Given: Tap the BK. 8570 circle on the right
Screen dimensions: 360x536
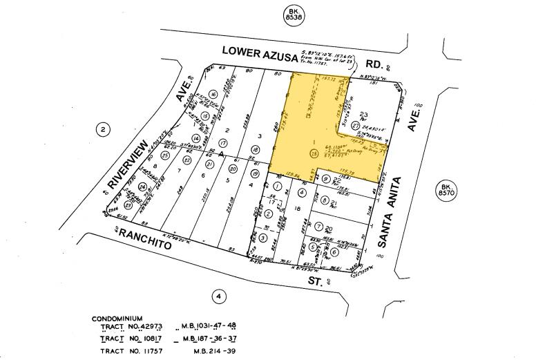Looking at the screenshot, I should (x=447, y=191).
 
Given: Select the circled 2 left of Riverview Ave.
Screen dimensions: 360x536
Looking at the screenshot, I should (x=103, y=129).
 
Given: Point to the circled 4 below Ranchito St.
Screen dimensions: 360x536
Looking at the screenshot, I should (x=219, y=296).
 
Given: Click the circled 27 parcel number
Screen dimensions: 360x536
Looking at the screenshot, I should (x=355, y=125).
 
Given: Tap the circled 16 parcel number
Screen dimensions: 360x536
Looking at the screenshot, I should (x=214, y=94).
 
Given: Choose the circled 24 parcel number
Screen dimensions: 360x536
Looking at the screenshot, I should (x=143, y=187).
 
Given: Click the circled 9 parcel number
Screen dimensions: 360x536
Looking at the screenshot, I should (x=325, y=180).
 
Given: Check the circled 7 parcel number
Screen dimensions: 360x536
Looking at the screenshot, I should (x=319, y=226).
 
